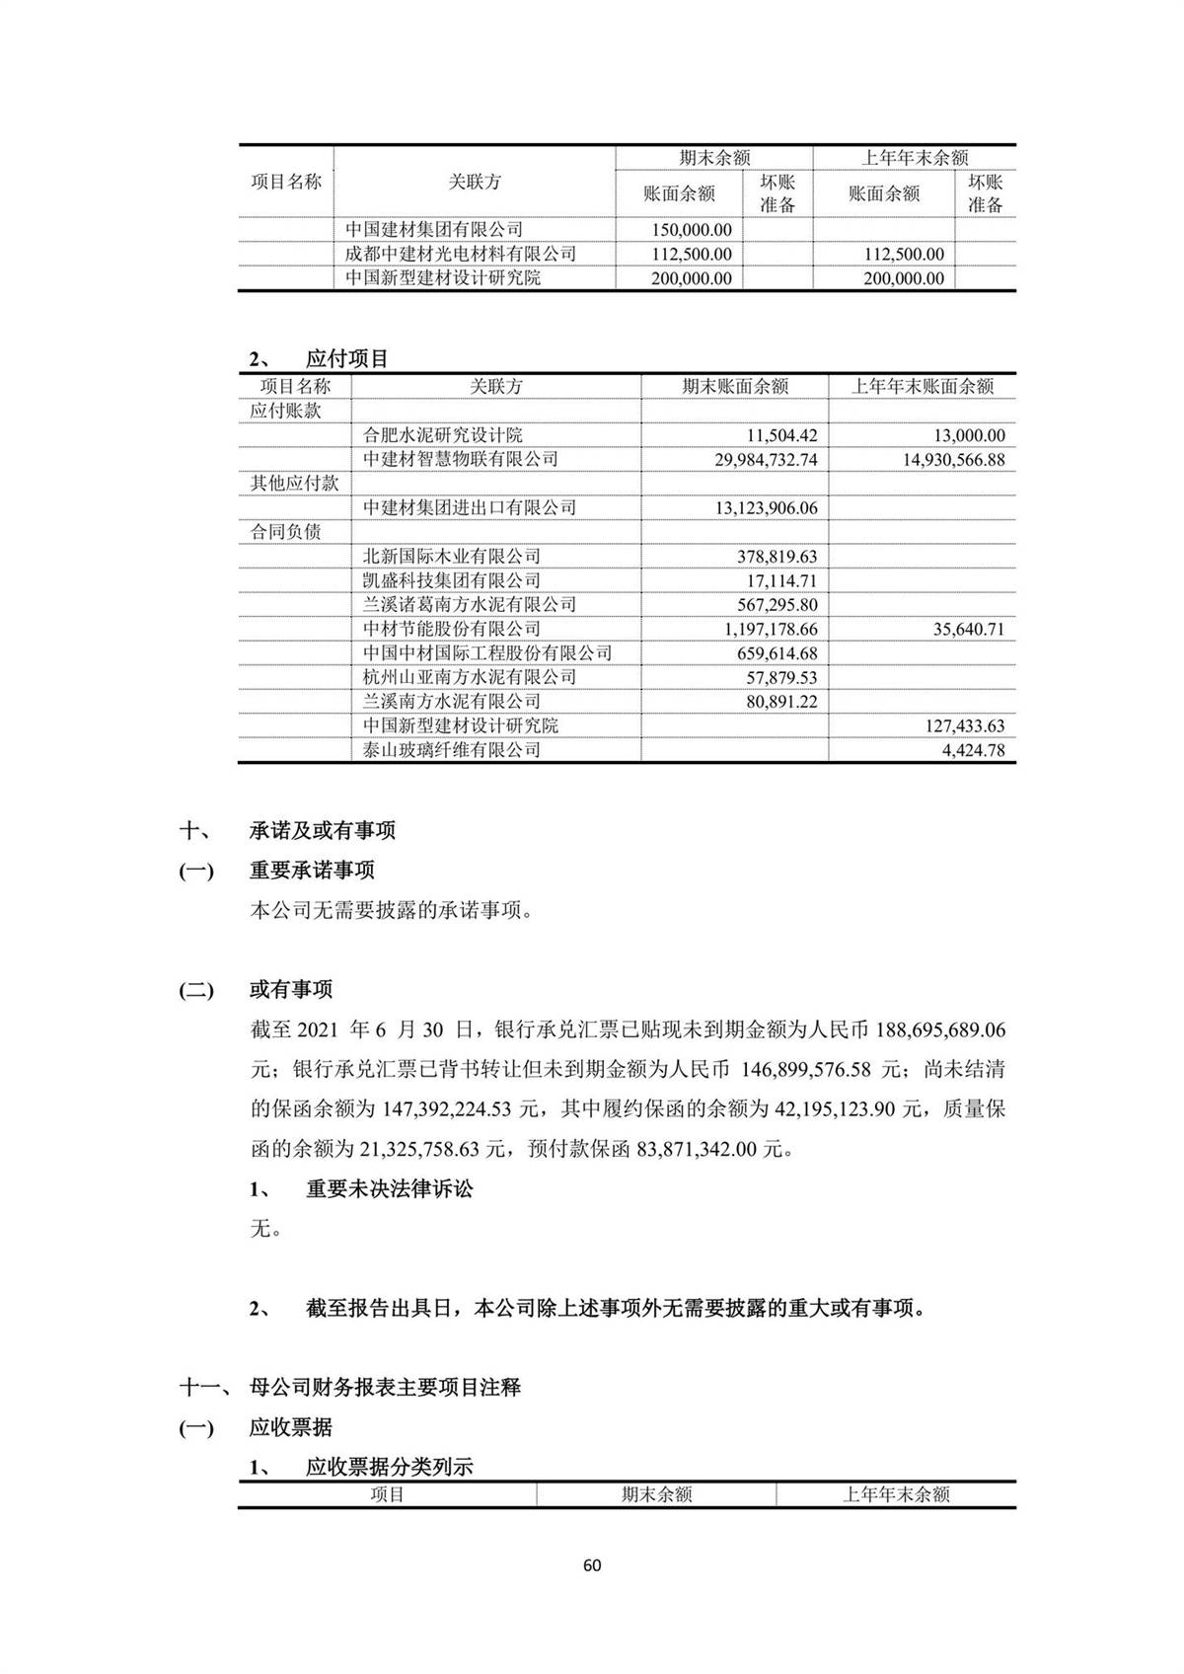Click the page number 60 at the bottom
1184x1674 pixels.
pos(592,1565)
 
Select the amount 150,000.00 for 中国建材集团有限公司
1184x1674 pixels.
pos(691,230)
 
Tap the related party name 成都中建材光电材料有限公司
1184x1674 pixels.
pos(461,254)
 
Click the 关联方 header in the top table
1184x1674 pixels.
pos(475,182)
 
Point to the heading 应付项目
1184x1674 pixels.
pos(347,358)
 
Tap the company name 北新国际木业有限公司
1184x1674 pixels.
pos(452,557)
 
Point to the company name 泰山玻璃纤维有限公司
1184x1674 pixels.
pos(452,750)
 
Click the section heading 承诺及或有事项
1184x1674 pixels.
pos(323,830)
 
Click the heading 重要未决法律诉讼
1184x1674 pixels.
pos(390,1188)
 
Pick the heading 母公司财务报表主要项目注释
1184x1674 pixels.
pos(385,1387)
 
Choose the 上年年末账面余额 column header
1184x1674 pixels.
pos(923,387)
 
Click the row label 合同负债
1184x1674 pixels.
pos(285,532)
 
